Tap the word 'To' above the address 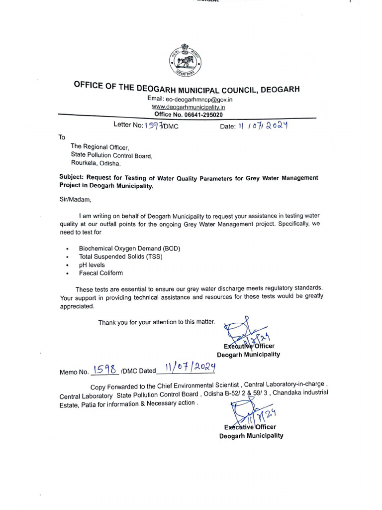(62, 137)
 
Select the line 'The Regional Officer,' (100, 147)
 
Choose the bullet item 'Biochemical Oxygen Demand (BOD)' (129, 248)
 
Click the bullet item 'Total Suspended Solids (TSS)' (121, 256)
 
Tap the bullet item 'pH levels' (92, 265)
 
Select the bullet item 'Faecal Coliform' (100, 273)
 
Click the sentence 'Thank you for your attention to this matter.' (156, 322)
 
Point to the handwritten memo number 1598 (105, 370)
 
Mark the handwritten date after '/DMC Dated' (185, 369)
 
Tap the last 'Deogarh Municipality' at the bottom (251, 435)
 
